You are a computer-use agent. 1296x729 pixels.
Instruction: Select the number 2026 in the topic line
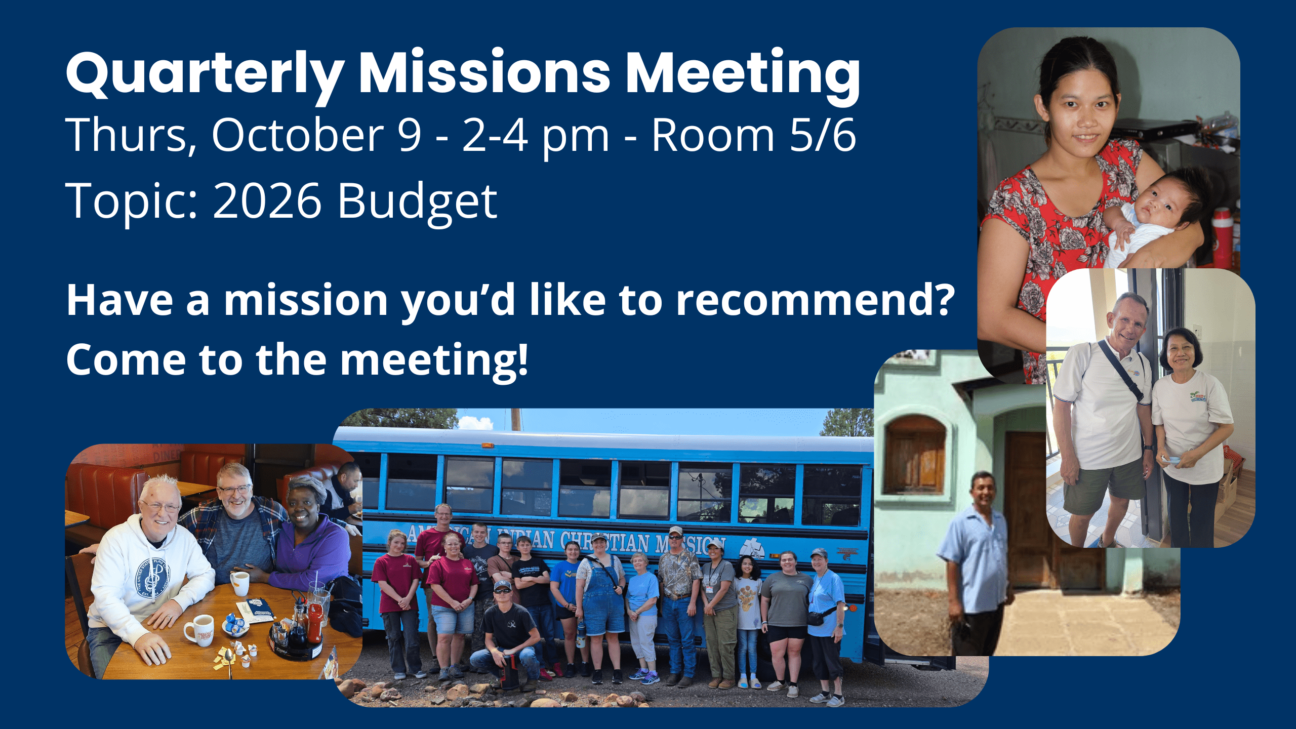click(267, 201)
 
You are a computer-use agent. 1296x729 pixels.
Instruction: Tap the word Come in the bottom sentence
click(126, 360)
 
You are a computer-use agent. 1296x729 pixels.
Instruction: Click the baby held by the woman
click(1149, 218)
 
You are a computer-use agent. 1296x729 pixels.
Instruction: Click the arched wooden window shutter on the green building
click(915, 456)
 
